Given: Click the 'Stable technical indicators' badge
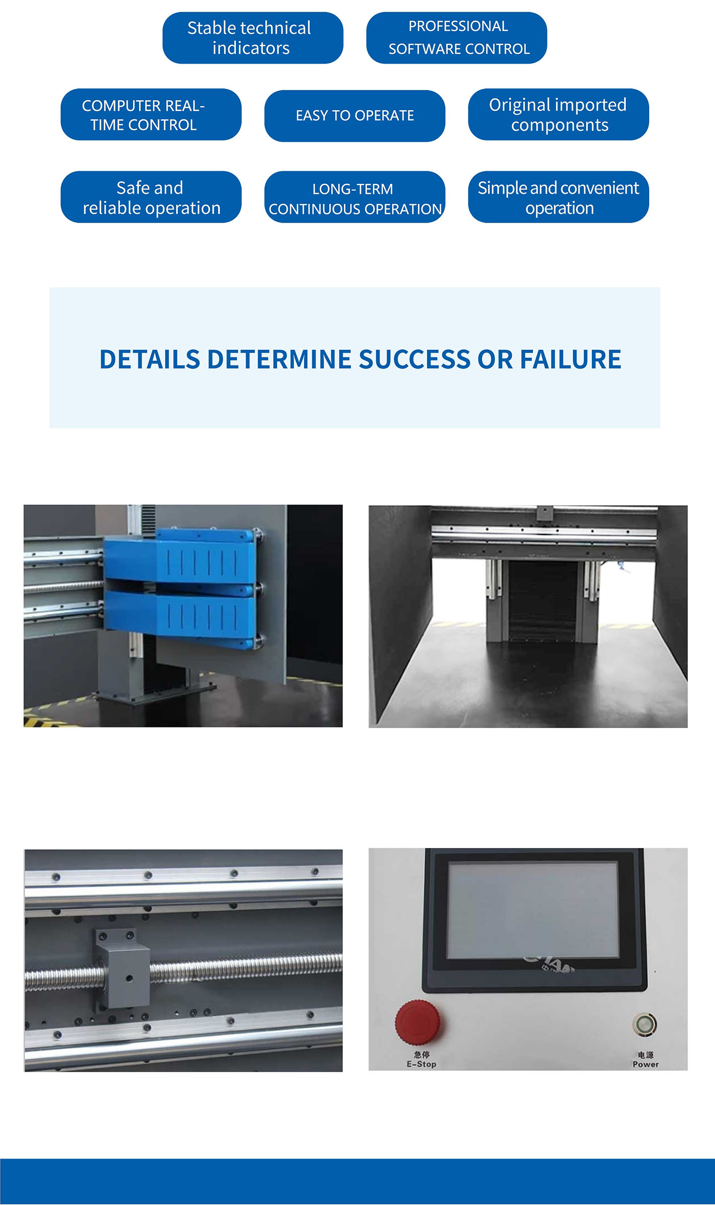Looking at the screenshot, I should (253, 38).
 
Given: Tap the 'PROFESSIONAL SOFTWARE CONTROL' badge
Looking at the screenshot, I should (457, 38).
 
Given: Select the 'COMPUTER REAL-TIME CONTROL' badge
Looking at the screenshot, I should (151, 115).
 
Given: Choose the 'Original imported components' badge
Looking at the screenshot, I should (558, 115).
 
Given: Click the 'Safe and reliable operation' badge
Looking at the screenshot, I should (151, 197).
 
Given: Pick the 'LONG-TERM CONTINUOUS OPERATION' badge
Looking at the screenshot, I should (354, 197).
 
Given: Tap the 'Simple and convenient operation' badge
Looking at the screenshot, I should (558, 197).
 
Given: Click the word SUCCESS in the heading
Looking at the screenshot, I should (415, 359).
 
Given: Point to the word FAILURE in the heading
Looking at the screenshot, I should (570, 359).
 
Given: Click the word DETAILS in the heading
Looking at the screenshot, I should (150, 359).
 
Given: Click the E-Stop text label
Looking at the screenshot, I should (421, 1064).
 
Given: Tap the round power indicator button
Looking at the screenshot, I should (645, 1024).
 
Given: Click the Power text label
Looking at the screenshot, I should (646, 1064).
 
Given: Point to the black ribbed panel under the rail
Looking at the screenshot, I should (543, 600).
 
